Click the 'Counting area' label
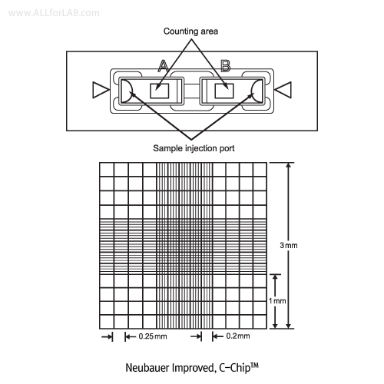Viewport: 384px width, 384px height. click(190, 31)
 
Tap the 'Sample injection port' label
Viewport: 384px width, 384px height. click(194, 148)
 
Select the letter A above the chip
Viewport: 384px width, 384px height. click(163, 65)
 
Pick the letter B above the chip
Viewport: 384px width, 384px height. click(226, 65)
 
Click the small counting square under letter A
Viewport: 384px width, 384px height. click(160, 91)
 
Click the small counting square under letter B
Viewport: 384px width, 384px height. click(224, 91)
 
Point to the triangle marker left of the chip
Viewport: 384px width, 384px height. click(101, 90)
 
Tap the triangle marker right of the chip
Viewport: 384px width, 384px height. click(283, 90)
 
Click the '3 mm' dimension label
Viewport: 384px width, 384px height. click(289, 245)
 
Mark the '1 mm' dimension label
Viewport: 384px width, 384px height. click(277, 301)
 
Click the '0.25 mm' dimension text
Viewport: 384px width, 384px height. click(153, 336)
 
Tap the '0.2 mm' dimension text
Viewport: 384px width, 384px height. click(238, 336)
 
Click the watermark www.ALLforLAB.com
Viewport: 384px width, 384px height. click(54, 13)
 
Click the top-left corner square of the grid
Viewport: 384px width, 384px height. click(107, 169)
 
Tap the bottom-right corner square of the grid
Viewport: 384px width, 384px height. click(260, 322)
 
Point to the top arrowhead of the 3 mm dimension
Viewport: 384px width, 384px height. click(289, 165)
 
